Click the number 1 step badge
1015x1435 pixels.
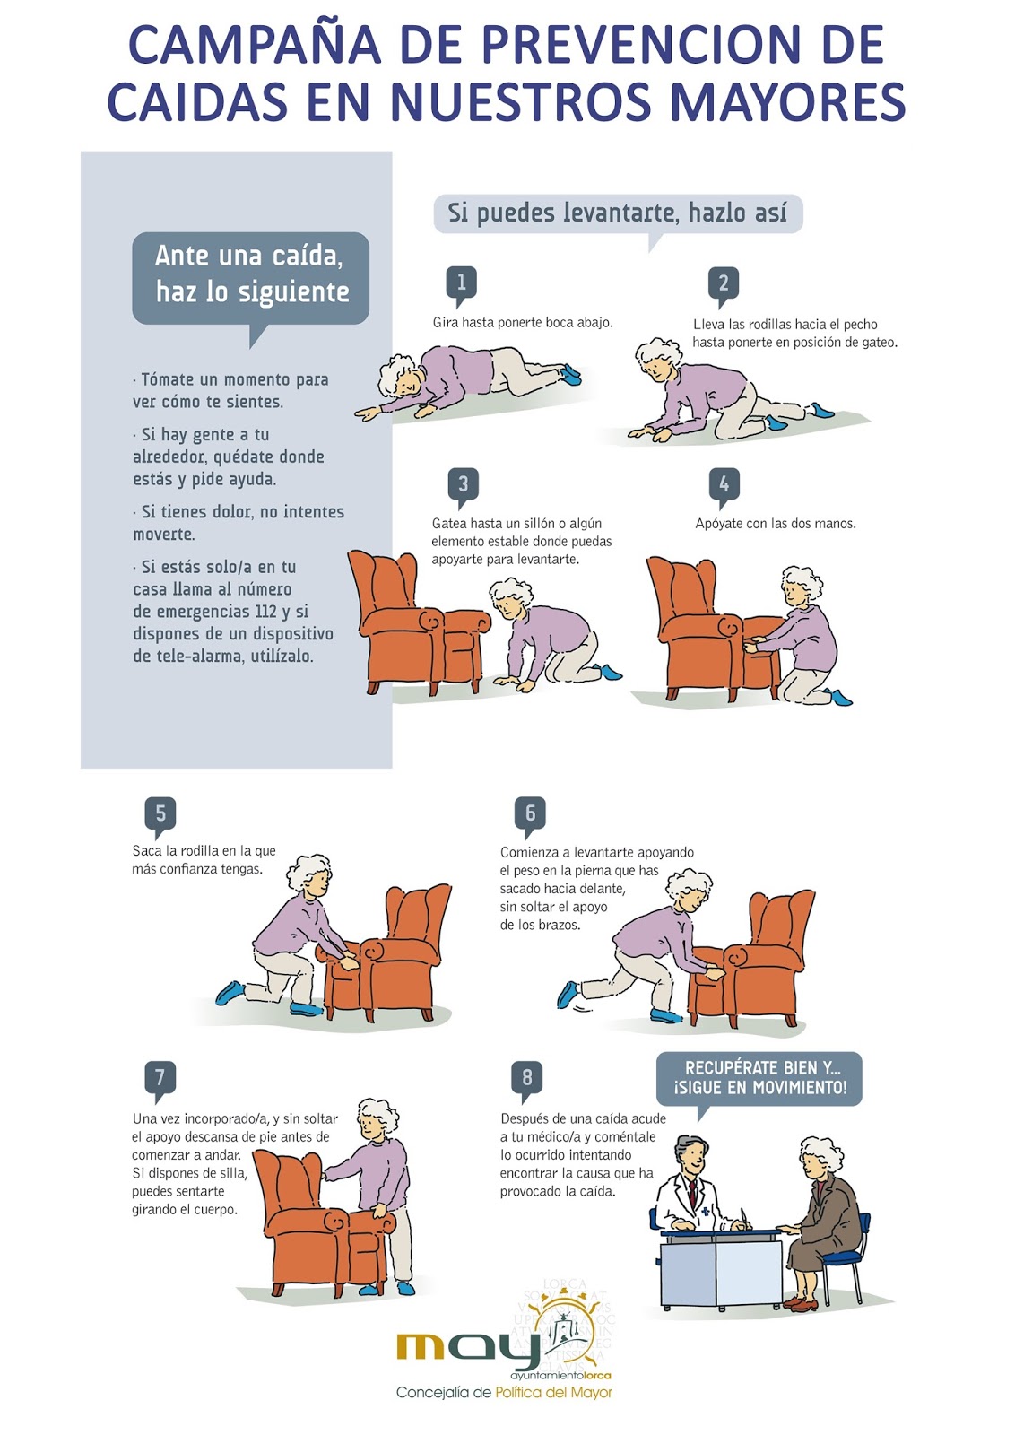pyautogui.click(x=461, y=283)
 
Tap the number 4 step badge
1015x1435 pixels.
pyautogui.click(x=724, y=484)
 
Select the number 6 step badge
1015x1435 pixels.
pyautogui.click(x=530, y=814)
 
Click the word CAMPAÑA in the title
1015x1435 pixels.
pyautogui.click(x=254, y=45)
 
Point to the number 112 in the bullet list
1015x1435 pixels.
pyautogui.click(x=265, y=611)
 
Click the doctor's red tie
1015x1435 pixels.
pyautogui.click(x=693, y=1192)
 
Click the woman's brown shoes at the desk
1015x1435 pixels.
pyautogui.click(x=801, y=1300)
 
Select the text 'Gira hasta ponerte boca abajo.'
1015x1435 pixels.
pyautogui.click(x=523, y=322)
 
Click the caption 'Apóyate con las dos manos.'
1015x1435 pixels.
pyautogui.click(x=776, y=524)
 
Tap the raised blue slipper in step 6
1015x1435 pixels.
pyautogui.click(x=568, y=995)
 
